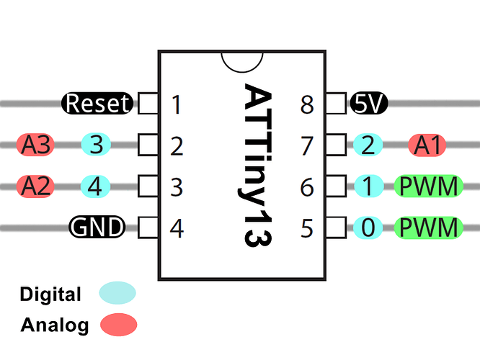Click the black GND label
pos(97,228)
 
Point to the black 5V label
pos(369,104)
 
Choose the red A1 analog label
pos(428,145)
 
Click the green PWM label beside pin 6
pos(428,186)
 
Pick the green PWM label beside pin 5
pos(428,228)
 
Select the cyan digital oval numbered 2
pos(368,145)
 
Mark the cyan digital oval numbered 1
pos(368,186)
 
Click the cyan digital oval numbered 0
pos(368,228)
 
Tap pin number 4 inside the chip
pos(177,229)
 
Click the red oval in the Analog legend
pos(118,324)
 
